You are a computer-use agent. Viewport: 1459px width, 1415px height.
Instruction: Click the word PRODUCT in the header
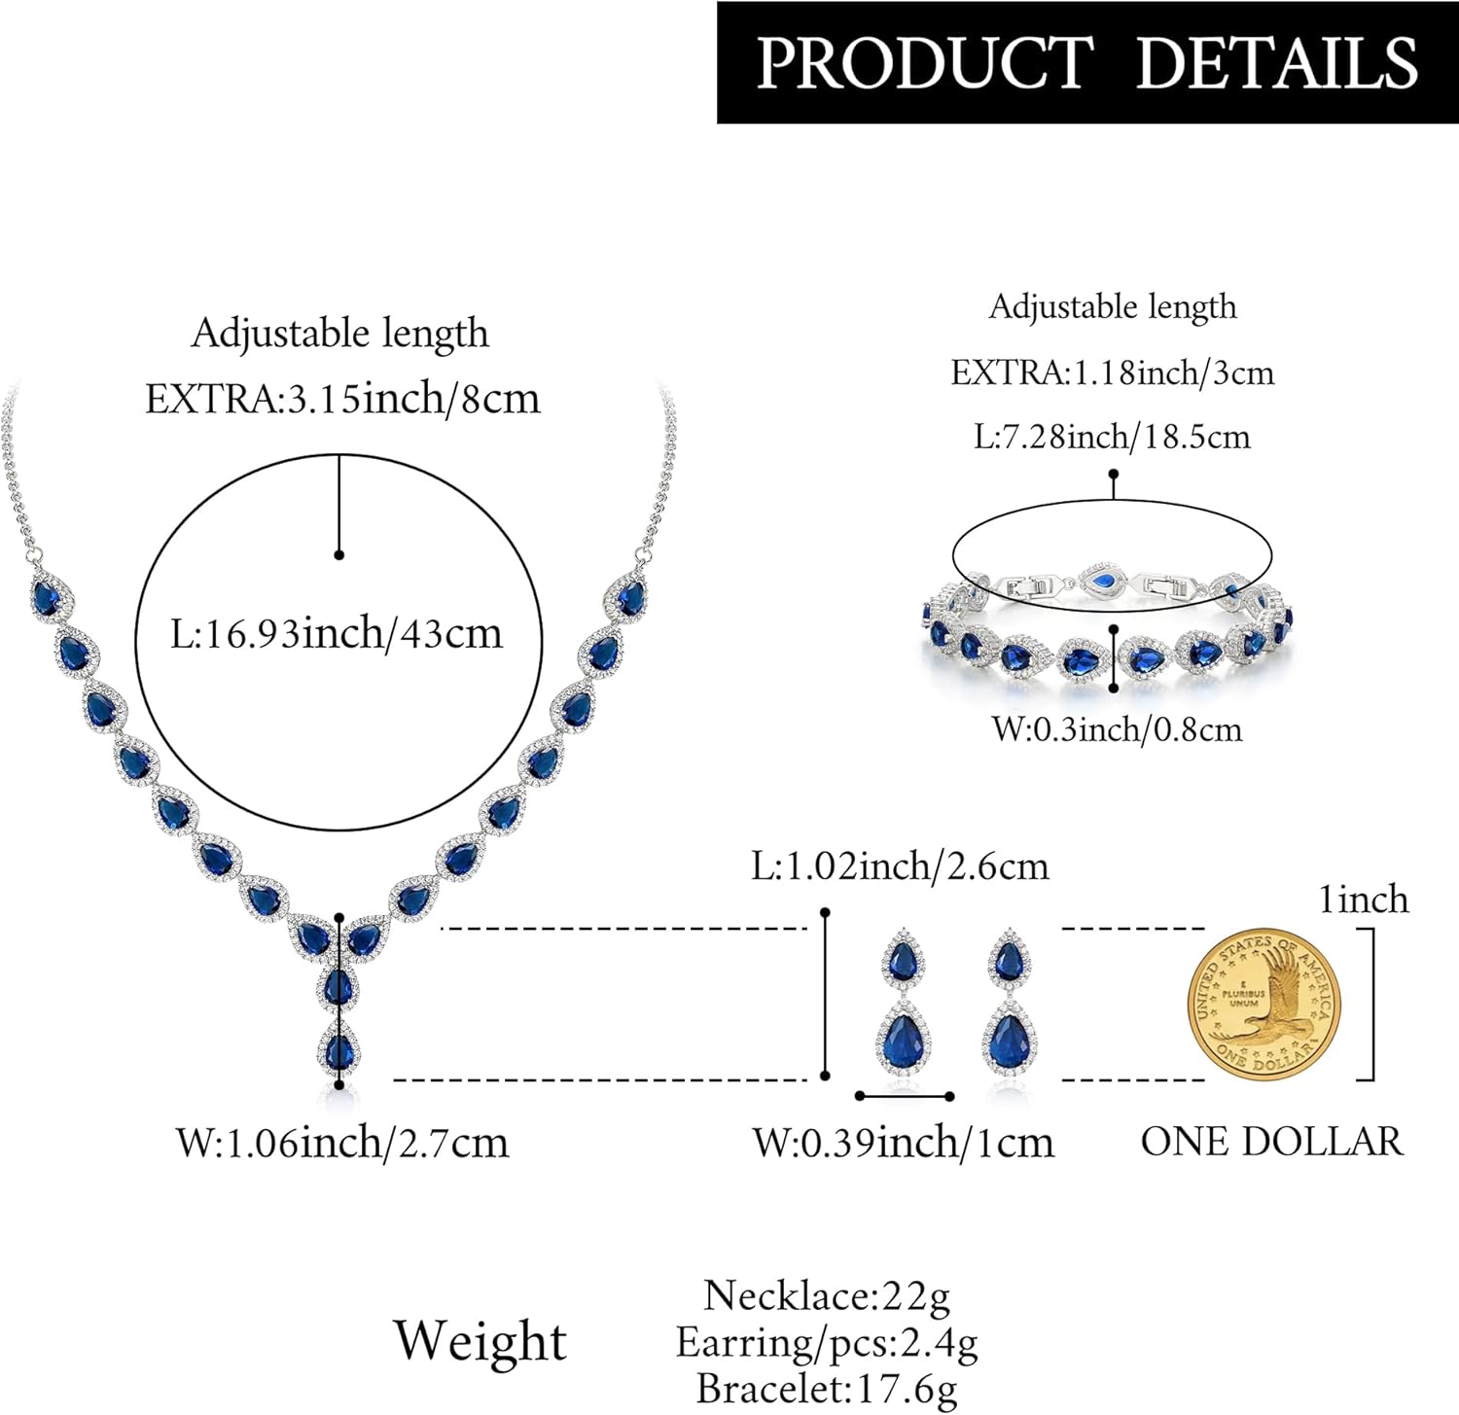pyautogui.click(x=924, y=63)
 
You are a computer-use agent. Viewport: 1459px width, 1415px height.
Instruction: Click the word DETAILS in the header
pyautogui.click(x=1277, y=63)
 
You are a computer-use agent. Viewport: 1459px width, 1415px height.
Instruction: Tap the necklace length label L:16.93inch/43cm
pyautogui.click(x=337, y=634)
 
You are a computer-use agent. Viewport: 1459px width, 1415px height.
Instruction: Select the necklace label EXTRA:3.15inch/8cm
pyautogui.click(x=342, y=399)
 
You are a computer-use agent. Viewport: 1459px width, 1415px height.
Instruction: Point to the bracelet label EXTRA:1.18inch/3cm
pyautogui.click(x=1113, y=372)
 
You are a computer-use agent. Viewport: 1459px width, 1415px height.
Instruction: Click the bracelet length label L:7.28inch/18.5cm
pyautogui.click(x=1113, y=437)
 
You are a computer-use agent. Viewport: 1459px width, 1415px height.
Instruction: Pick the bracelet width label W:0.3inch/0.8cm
pyautogui.click(x=1117, y=729)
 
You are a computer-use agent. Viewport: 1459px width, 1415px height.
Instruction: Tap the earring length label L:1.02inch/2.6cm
pyautogui.click(x=901, y=866)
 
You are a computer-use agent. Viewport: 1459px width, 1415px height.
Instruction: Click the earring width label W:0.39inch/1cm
pyautogui.click(x=904, y=1142)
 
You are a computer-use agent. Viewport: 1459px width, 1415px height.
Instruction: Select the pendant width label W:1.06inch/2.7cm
pyautogui.click(x=342, y=1142)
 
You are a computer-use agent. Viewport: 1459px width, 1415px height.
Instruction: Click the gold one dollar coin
pyautogui.click(x=1263, y=1004)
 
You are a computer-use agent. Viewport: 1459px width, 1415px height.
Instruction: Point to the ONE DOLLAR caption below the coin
pyautogui.click(x=1272, y=1141)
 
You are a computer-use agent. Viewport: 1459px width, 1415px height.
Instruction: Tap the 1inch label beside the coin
pyautogui.click(x=1364, y=900)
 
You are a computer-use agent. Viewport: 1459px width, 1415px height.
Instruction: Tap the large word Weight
pyautogui.click(x=480, y=1341)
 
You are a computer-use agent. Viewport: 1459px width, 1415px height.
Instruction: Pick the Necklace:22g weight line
pyautogui.click(x=827, y=1295)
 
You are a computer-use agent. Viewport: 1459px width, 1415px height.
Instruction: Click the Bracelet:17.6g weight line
pyautogui.click(x=827, y=1389)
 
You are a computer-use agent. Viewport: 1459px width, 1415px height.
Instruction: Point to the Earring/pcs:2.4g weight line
pyautogui.click(x=827, y=1342)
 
